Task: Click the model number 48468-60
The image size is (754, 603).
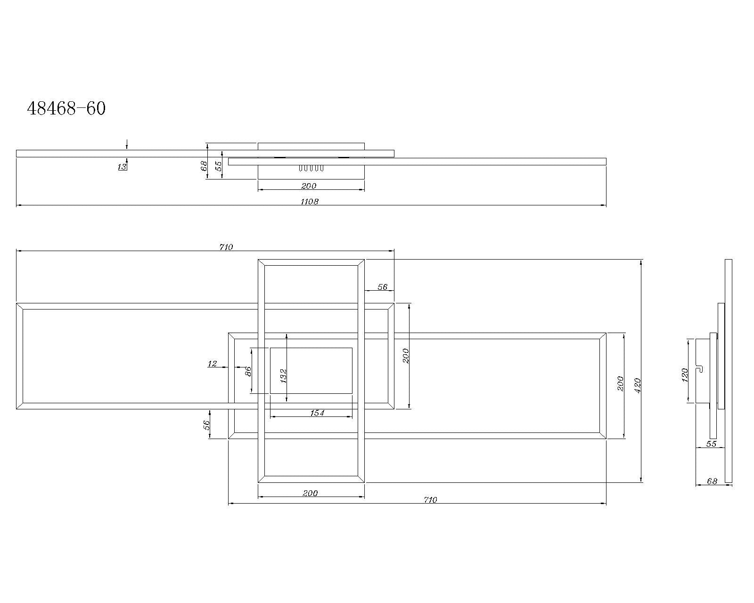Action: [66, 109]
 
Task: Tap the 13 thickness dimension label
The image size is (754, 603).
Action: [122, 167]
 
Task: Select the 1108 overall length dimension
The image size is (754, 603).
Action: [310, 202]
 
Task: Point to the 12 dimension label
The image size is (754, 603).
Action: [212, 364]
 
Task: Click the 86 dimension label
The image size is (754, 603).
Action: [249, 371]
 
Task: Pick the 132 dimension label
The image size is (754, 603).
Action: [283, 375]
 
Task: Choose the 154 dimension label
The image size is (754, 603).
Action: [317, 413]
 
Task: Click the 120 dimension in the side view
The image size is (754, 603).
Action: [685, 375]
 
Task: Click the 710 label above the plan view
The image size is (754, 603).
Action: [226, 247]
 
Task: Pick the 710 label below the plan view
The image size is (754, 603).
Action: [430, 500]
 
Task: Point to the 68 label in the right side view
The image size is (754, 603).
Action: [712, 481]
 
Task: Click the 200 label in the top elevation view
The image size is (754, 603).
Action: [309, 186]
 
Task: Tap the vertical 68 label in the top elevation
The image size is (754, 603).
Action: [204, 166]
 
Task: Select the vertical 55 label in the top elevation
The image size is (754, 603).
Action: [219, 166]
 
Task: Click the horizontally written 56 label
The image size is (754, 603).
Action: [382, 287]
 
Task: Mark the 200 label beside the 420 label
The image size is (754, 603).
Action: [620, 383]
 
